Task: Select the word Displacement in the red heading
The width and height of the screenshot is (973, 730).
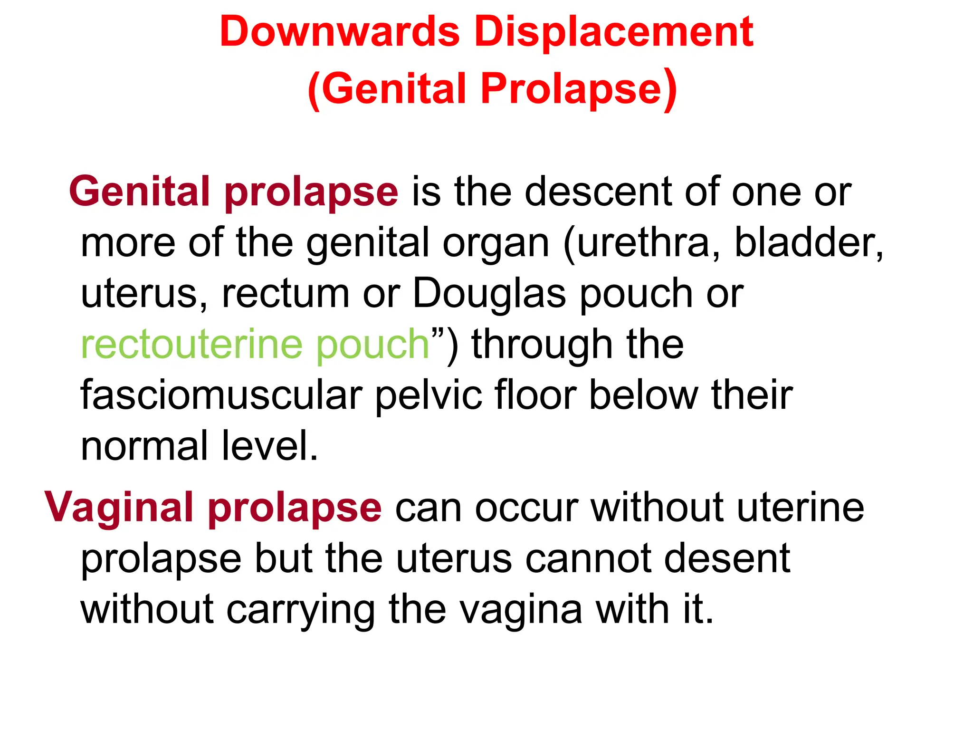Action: [614, 32]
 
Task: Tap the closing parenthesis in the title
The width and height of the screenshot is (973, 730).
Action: [670, 89]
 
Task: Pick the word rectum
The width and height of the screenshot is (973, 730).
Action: [286, 294]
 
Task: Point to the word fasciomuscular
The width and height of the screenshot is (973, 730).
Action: [221, 395]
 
